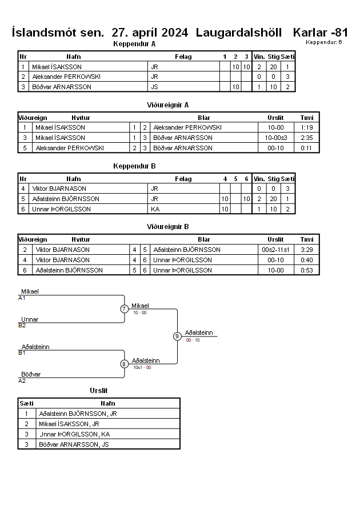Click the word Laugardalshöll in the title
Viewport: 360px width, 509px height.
(239, 33)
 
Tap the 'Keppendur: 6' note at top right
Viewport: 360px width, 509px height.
(323, 42)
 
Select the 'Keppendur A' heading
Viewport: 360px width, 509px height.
(134, 44)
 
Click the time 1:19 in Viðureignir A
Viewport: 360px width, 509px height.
(307, 127)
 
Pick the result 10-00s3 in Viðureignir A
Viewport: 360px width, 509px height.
(276, 138)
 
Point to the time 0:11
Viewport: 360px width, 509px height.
(306, 148)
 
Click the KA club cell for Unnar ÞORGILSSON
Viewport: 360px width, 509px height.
(155, 210)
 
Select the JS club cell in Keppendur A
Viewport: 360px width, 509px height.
(154, 87)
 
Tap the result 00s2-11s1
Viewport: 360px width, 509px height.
(275, 250)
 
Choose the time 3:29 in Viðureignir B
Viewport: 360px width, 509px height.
(307, 250)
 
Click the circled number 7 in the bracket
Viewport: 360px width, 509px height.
(125, 308)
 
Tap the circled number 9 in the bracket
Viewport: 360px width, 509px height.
(177, 336)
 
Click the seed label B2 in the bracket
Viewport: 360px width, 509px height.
(22, 326)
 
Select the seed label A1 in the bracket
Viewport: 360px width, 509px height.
(22, 298)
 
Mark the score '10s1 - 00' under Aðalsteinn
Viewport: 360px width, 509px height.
(142, 367)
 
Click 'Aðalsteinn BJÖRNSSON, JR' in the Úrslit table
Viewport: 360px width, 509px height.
(78, 414)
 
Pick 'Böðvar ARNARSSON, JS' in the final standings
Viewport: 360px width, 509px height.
(74, 444)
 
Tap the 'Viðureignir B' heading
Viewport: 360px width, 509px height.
(168, 227)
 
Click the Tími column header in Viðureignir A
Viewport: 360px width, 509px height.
(307, 118)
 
